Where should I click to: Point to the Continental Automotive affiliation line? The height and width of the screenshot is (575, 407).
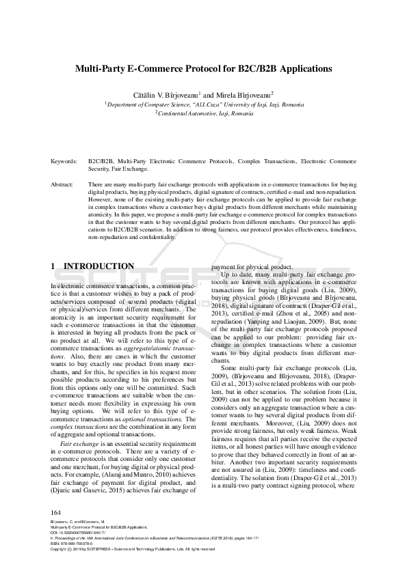205,114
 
